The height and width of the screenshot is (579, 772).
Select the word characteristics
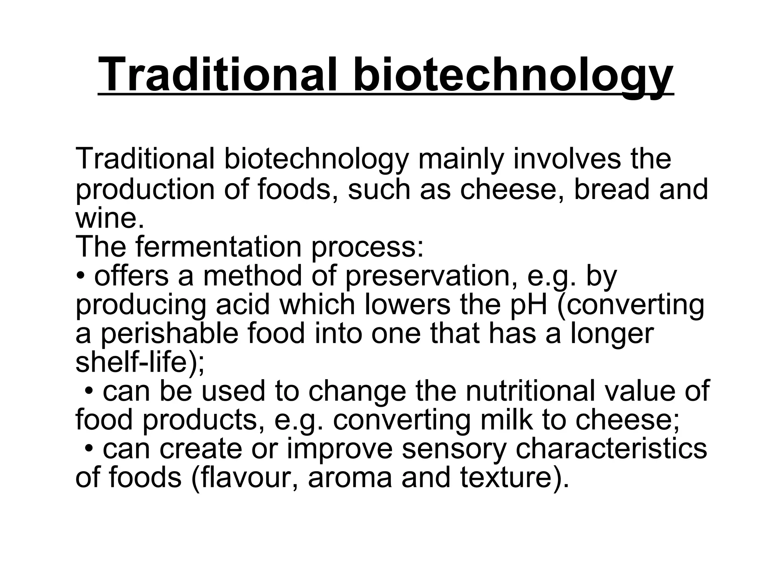pyautogui.click(x=611, y=449)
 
